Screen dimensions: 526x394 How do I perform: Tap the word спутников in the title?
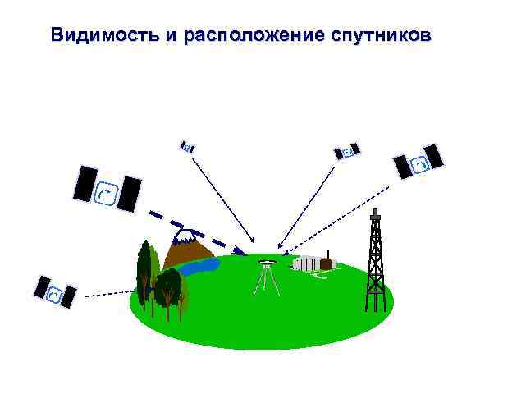click(x=382, y=36)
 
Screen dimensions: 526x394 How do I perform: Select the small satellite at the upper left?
click(x=187, y=147)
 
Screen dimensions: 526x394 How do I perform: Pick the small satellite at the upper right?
click(x=346, y=152)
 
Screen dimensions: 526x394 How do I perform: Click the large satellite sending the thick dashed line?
click(x=107, y=190)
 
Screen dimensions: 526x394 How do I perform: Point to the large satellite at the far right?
click(x=418, y=162)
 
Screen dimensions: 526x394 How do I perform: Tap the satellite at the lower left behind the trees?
click(x=55, y=291)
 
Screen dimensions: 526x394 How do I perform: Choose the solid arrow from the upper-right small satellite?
click(x=307, y=205)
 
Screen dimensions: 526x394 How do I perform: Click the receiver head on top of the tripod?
click(x=265, y=263)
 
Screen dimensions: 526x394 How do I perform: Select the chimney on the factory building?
click(x=327, y=254)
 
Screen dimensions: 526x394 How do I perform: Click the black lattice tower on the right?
click(x=375, y=263)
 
